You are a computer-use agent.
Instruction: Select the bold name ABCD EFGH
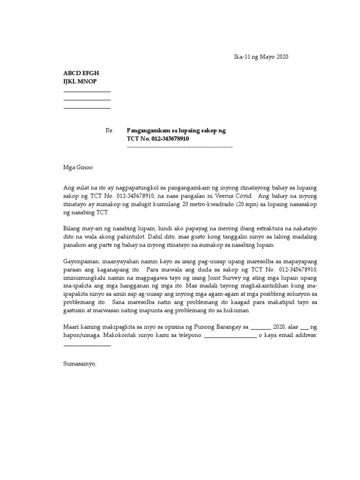(81, 74)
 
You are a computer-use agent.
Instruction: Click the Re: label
(110, 131)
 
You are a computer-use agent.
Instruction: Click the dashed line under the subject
(180, 147)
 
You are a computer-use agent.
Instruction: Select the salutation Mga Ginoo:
(79, 167)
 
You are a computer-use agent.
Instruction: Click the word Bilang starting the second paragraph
(72, 229)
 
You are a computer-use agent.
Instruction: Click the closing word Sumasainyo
(80, 363)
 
